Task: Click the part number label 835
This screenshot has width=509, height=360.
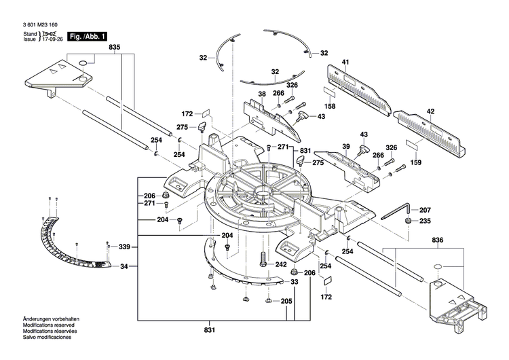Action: click(114, 47)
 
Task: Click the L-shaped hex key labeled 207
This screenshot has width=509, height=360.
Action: click(394, 212)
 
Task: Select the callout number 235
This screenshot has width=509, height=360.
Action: click(424, 221)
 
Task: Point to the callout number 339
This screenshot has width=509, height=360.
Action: click(124, 247)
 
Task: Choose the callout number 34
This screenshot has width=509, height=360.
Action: click(124, 266)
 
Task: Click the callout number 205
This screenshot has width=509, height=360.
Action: click(286, 302)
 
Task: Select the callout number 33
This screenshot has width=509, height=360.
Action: click(295, 281)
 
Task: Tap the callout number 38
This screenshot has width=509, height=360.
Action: click(261, 94)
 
